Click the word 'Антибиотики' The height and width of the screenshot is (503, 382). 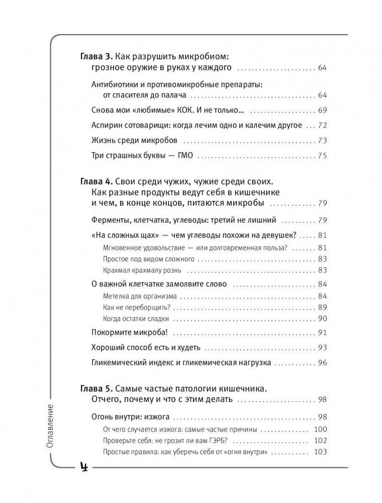(x=113, y=84)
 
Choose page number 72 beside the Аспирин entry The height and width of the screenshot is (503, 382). (x=322, y=125)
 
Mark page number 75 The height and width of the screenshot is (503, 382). (x=322, y=155)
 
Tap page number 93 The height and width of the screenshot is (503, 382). (x=322, y=347)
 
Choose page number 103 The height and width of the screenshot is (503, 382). (x=320, y=452)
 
